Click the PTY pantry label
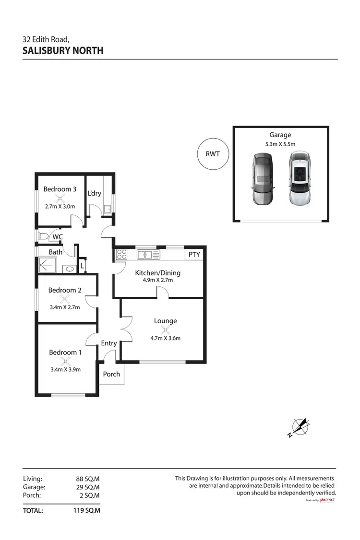[194, 255]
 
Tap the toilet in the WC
[44, 236]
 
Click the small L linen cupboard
[82, 265]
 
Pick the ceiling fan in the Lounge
[166, 329]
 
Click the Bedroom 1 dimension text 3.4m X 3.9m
[65, 369]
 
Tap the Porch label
[111, 374]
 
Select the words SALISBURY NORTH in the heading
[63, 50]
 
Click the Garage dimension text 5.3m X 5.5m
[280, 144]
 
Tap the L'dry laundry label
[94, 194]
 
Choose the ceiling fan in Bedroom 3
[60, 199]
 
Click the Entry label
[109, 343]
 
